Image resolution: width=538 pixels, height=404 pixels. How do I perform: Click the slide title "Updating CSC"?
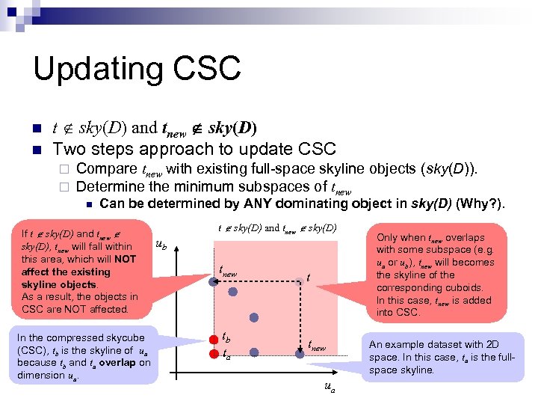click(137, 68)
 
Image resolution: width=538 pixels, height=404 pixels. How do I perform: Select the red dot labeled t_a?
click(214, 352)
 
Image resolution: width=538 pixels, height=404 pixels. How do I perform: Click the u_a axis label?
click(329, 388)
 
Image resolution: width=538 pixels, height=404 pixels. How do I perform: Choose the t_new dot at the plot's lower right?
click(300, 352)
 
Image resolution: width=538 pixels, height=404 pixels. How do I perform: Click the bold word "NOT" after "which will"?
click(125, 259)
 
